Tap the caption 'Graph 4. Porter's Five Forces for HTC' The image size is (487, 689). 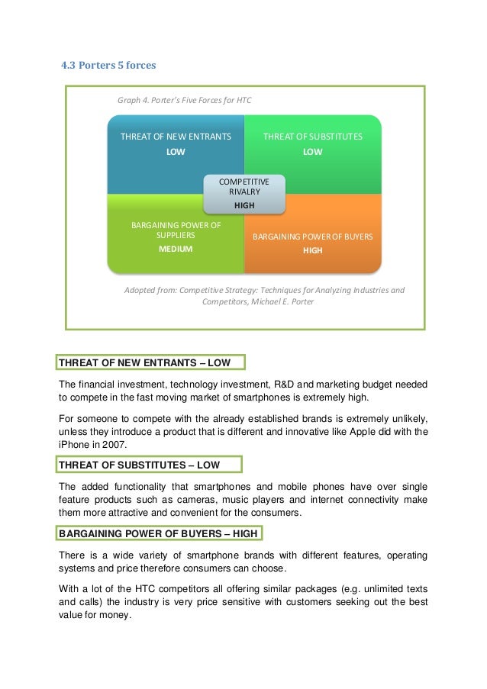click(x=184, y=100)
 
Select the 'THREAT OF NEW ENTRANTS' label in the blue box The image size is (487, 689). click(x=176, y=137)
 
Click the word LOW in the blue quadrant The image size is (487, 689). click(x=176, y=152)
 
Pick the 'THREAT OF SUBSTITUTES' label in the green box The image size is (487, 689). click(x=313, y=137)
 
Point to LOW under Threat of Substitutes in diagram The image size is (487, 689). click(x=313, y=152)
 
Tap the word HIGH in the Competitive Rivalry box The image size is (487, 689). click(x=244, y=205)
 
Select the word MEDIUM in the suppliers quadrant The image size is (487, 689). click(x=176, y=249)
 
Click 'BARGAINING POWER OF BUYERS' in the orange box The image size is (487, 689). click(x=313, y=237)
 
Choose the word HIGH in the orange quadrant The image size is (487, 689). click(x=313, y=250)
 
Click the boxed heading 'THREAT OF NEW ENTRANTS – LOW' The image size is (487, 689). click(x=150, y=362)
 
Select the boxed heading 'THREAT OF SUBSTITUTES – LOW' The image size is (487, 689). click(x=150, y=464)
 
